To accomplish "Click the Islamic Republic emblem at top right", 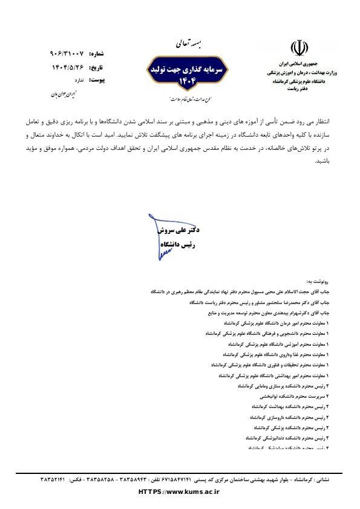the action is click(x=296, y=48).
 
